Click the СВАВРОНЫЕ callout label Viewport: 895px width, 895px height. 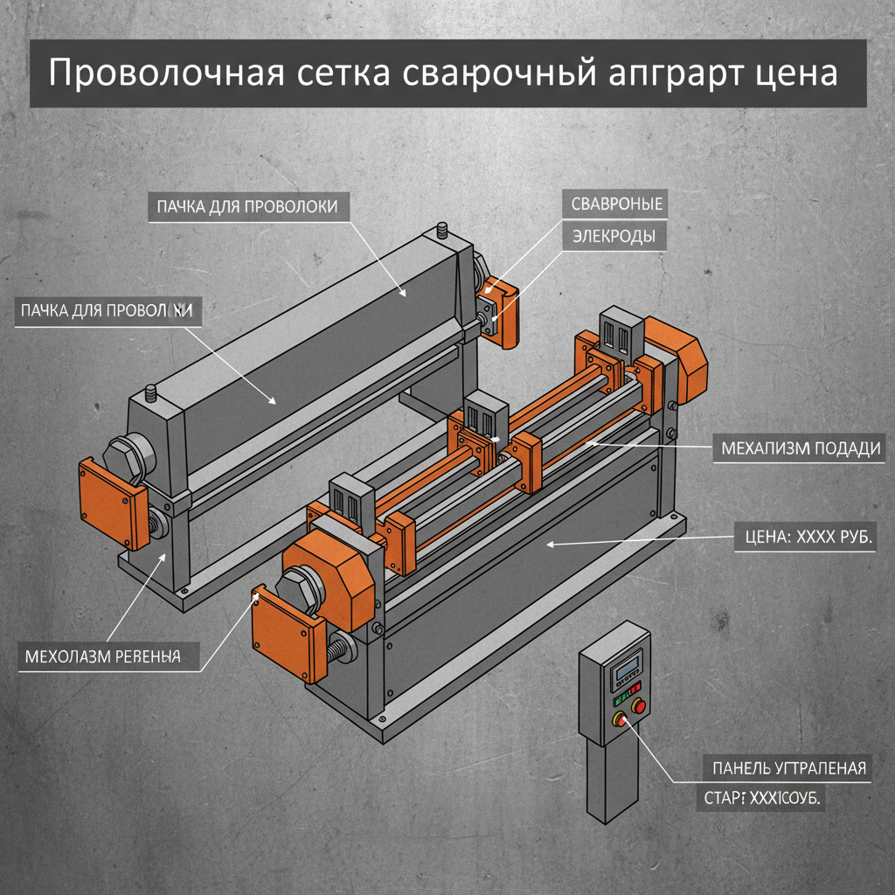click(616, 205)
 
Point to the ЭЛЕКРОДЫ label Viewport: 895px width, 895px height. click(614, 236)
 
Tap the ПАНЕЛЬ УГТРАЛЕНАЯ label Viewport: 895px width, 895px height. click(784, 768)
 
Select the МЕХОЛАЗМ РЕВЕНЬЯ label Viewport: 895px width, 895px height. click(103, 656)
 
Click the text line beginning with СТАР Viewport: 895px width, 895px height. click(764, 799)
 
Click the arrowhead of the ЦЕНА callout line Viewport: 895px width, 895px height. click(550, 545)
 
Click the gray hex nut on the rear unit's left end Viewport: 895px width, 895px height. click(127, 457)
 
